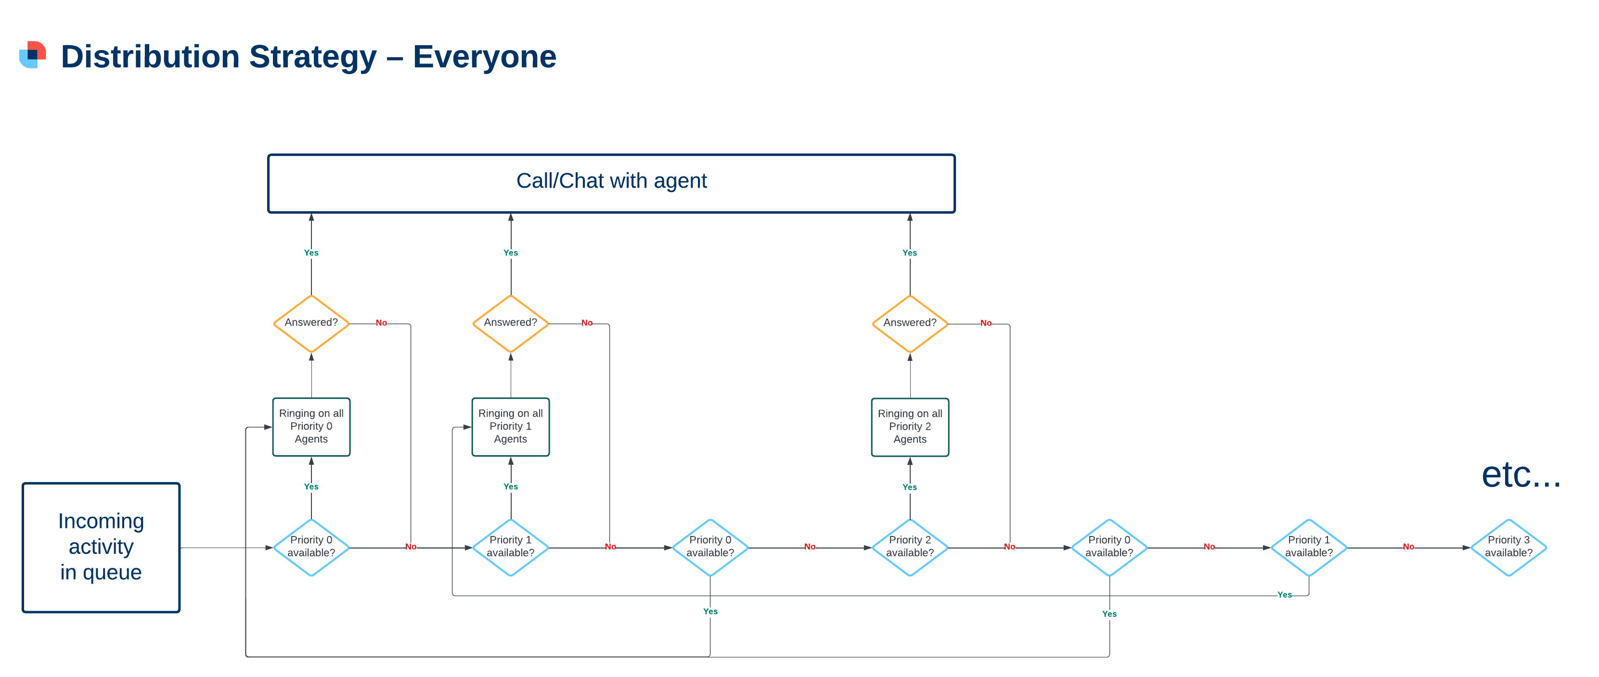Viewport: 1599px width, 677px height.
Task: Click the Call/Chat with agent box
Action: click(x=611, y=183)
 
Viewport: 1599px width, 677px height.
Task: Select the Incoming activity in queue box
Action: click(x=101, y=547)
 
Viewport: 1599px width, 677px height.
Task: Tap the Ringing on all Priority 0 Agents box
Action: click(x=311, y=427)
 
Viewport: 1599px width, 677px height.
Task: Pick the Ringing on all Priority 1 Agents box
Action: click(x=510, y=427)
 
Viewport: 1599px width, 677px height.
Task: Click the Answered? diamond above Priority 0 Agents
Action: click(x=311, y=323)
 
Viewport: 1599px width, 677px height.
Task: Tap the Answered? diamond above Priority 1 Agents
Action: click(x=510, y=323)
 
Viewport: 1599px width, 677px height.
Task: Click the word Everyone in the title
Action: click(x=484, y=57)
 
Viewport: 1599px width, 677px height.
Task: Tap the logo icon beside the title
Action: click(x=33, y=54)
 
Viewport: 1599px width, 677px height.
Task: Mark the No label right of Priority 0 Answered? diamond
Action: click(x=381, y=323)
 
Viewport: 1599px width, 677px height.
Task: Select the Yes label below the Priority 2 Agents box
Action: click(x=909, y=487)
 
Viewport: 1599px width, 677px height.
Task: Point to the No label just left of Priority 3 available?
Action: click(x=1408, y=547)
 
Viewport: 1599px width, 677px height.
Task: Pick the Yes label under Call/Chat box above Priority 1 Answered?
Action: click(x=510, y=253)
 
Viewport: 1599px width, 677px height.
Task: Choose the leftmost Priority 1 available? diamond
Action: click(x=510, y=547)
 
